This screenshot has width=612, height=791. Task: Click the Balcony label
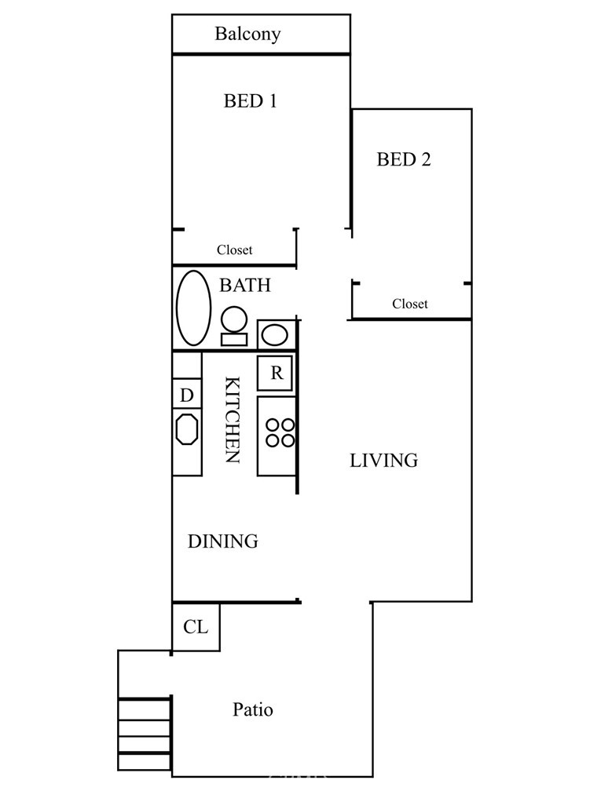[x=247, y=35]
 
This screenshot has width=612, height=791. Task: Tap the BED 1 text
[x=251, y=101]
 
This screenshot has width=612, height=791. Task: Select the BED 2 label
[x=404, y=159]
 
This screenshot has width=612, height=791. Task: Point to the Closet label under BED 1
[x=234, y=250]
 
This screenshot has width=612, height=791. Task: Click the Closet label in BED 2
[x=409, y=304]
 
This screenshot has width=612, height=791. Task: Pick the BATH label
[x=245, y=285]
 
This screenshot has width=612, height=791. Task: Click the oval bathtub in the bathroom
[x=193, y=308]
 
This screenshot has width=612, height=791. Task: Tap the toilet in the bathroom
[x=234, y=326]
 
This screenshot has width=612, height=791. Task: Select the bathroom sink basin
[x=275, y=334]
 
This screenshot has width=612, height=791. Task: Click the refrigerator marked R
[x=275, y=373]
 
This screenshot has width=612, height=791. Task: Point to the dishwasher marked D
[x=187, y=394]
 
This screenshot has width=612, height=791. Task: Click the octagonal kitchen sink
[x=187, y=429]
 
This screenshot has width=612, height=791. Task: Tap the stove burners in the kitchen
[x=280, y=433]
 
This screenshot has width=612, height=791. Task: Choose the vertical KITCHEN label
[x=232, y=420]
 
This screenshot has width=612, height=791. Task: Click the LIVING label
[x=383, y=461]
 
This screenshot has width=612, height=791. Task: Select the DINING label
[x=222, y=541]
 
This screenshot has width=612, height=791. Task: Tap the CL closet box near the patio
[x=196, y=627]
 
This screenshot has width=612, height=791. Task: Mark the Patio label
[x=252, y=709]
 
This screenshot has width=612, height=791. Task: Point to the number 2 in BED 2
[x=425, y=159]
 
